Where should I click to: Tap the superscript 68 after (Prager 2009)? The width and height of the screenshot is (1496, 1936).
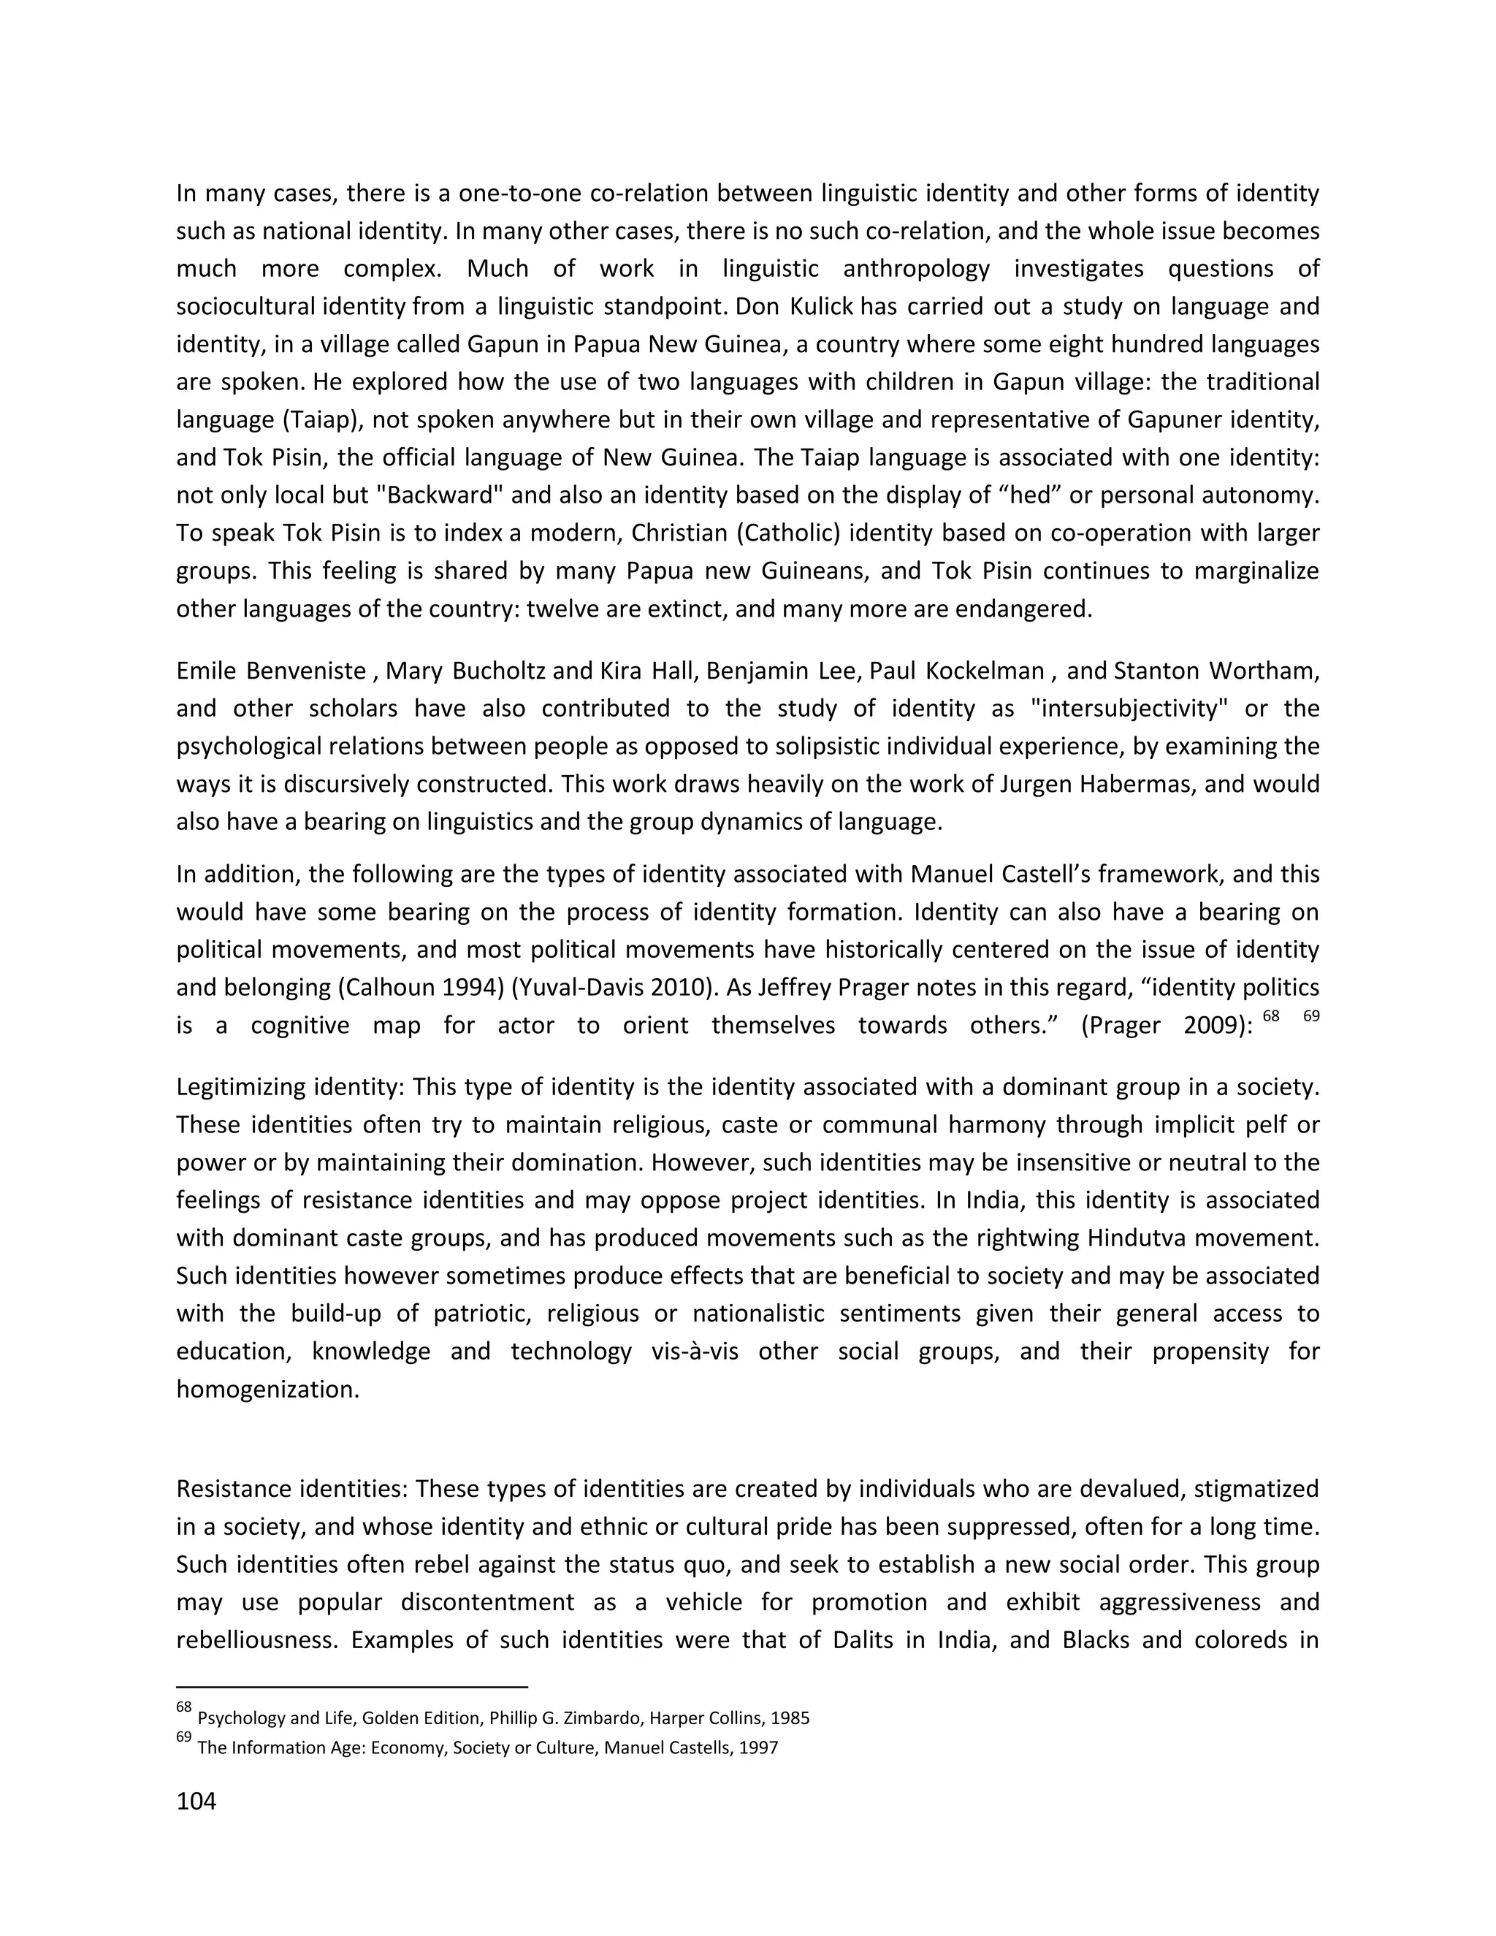point(1271,1017)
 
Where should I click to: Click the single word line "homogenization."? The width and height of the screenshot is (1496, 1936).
point(267,1389)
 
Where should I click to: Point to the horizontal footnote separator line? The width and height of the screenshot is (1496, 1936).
point(352,1687)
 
